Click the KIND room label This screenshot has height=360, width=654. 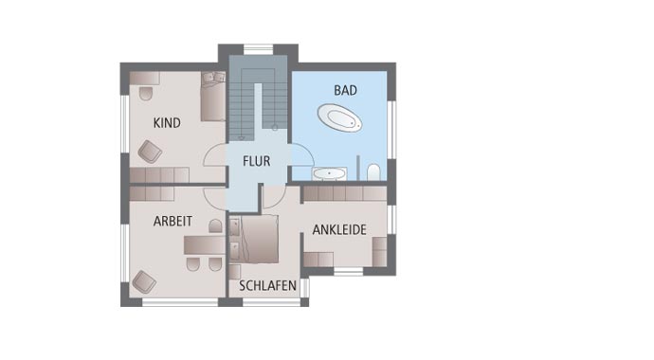click(167, 123)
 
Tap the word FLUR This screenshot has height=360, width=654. click(256, 162)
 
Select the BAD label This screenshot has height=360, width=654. click(345, 91)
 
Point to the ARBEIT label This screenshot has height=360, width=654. click(173, 221)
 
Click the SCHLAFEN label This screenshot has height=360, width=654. click(267, 285)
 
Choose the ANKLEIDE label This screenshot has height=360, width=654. click(339, 229)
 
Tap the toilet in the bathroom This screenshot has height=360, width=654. click(373, 171)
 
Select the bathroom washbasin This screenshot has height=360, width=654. click(330, 173)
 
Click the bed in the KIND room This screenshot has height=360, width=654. click(212, 98)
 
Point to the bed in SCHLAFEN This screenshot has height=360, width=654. click(257, 240)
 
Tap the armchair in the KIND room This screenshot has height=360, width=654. click(150, 151)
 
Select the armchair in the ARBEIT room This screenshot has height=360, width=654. click(143, 281)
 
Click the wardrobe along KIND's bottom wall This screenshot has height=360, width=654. click(158, 175)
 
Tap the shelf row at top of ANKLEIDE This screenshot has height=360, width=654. click(343, 193)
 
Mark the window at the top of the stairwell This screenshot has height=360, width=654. click(258, 49)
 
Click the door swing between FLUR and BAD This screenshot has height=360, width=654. click(300, 155)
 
